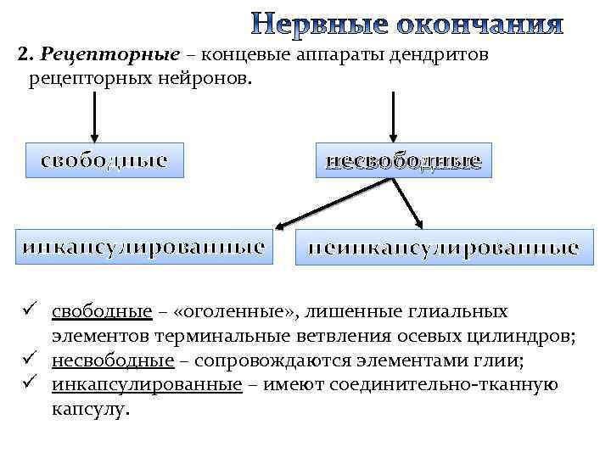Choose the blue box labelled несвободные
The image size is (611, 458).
pos(404,159)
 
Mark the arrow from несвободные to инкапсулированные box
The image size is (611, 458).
pos(333,202)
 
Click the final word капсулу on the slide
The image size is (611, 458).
pos(91,409)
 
